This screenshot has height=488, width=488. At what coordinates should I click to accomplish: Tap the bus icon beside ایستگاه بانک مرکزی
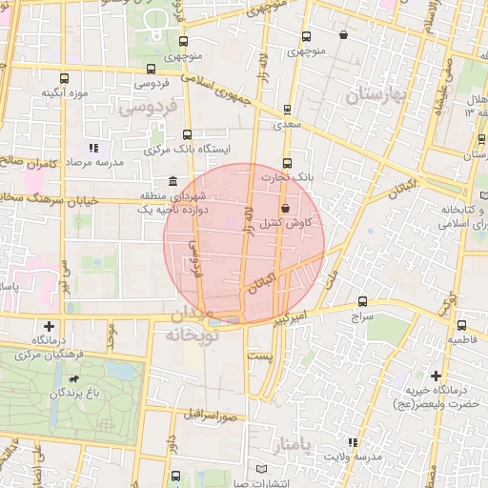tap(187, 135)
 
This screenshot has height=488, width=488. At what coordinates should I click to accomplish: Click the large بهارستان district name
tap(378, 94)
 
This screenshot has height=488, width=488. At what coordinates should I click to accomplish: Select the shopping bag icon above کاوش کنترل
tap(284, 210)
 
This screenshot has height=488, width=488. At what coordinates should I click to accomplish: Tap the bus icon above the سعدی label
tap(287, 110)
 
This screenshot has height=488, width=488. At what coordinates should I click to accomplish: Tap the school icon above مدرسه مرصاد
tap(93, 148)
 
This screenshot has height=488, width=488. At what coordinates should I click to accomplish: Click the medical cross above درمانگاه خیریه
tap(437, 376)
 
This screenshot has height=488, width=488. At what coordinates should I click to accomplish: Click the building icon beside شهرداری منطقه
tap(172, 181)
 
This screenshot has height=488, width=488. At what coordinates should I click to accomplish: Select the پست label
tap(260, 355)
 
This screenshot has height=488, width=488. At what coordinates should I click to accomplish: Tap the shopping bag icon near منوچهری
tap(343, 35)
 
